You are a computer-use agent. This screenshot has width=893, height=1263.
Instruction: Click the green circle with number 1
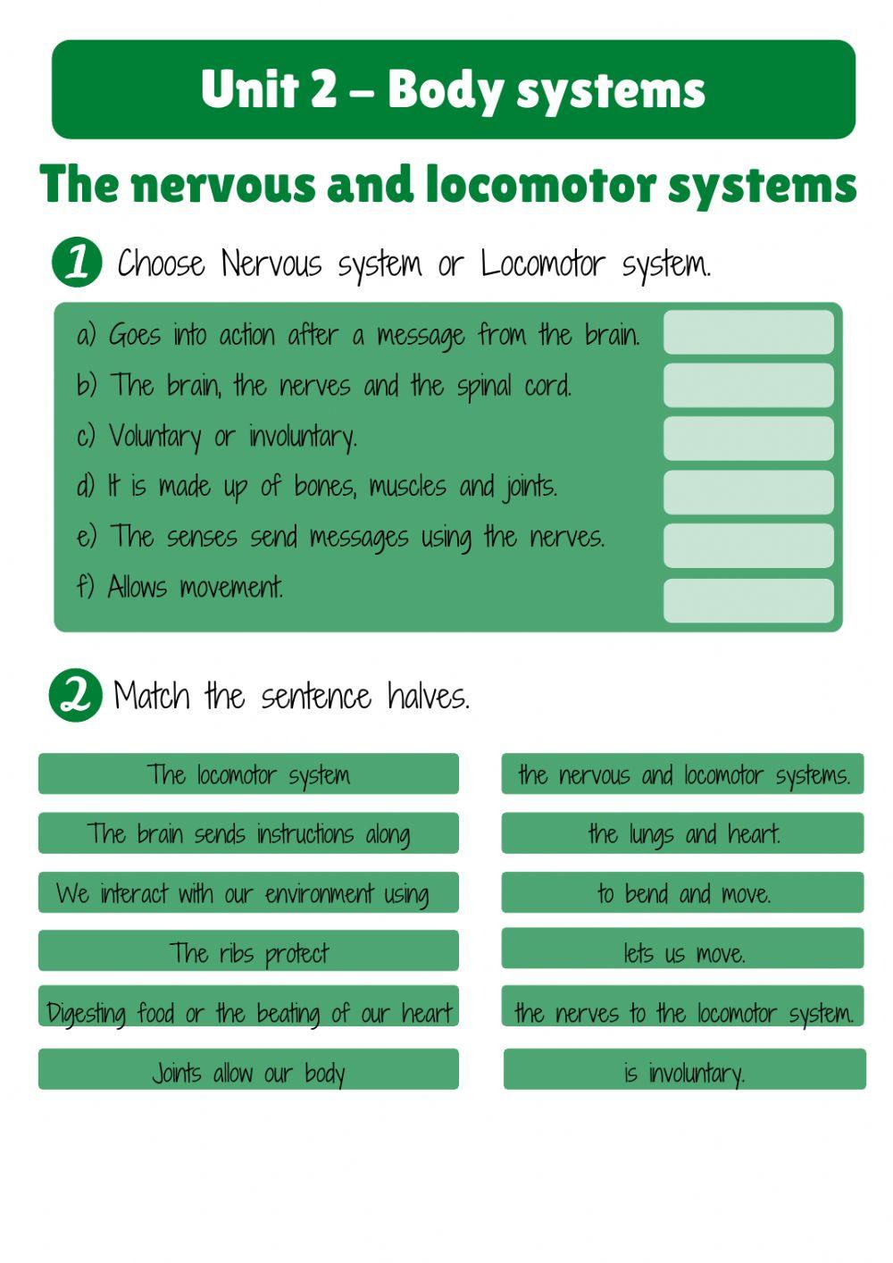pos(77,262)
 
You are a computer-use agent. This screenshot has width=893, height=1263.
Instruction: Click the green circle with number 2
pos(75,695)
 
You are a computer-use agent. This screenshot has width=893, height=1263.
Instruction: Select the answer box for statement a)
pos(748,332)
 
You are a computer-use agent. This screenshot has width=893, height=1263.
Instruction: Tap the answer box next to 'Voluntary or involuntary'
pos(748,439)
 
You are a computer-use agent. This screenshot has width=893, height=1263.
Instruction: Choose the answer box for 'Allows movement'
pos(748,600)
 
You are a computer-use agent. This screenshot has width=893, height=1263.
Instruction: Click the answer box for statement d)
pos(748,492)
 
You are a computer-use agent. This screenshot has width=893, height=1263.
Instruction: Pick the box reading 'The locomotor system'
pos(248,774)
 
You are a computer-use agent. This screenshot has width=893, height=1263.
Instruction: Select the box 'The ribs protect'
pos(248,951)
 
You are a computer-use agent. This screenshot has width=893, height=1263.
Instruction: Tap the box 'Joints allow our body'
pos(248,1070)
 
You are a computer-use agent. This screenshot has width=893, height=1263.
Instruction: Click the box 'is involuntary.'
pos(684,1070)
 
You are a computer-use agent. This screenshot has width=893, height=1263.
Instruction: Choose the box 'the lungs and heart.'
pos(682,833)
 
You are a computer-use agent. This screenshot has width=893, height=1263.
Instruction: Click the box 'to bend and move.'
pos(682,892)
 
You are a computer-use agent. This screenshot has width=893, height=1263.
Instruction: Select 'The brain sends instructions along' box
pos(248,833)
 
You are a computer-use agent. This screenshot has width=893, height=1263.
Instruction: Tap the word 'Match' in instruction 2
pos(152,695)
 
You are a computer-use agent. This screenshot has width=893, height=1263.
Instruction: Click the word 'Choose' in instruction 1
pos(162,264)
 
